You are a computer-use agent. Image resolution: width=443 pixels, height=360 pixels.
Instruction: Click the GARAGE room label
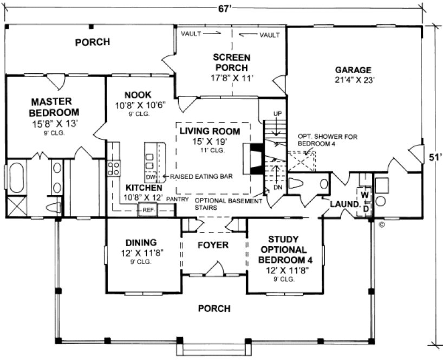click(x=353, y=70)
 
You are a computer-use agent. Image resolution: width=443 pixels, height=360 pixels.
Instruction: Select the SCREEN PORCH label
click(x=231, y=62)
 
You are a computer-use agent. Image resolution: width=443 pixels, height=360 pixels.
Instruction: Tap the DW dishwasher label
click(x=151, y=177)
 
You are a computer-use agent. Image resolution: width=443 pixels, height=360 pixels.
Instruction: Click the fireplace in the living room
click(x=253, y=158)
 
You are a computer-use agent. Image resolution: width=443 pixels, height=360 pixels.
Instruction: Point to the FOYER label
click(x=213, y=245)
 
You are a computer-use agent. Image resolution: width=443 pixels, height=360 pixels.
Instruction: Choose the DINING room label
click(x=141, y=242)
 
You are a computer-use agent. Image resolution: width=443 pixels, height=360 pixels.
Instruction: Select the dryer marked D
click(x=366, y=208)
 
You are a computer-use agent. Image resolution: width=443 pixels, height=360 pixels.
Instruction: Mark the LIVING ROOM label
click(x=213, y=131)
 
